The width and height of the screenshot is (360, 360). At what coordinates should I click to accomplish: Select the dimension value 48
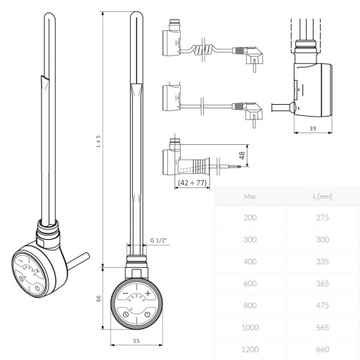[243, 157]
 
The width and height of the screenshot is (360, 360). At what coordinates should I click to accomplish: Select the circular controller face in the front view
[136, 304]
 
